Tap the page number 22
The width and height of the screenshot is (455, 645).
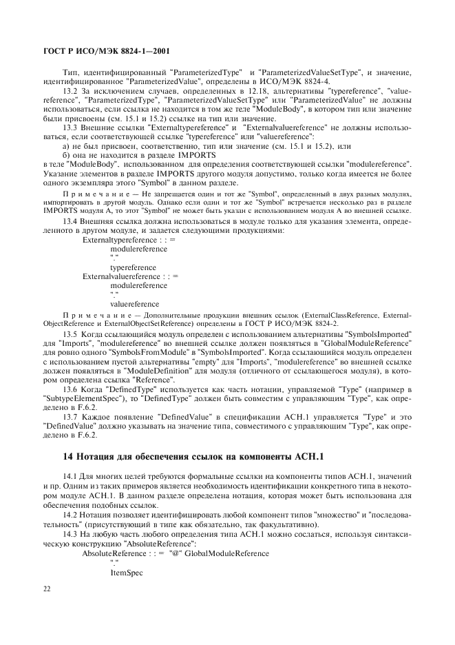[x=47, y=587]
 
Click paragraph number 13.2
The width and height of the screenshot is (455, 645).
[x=70, y=91]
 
